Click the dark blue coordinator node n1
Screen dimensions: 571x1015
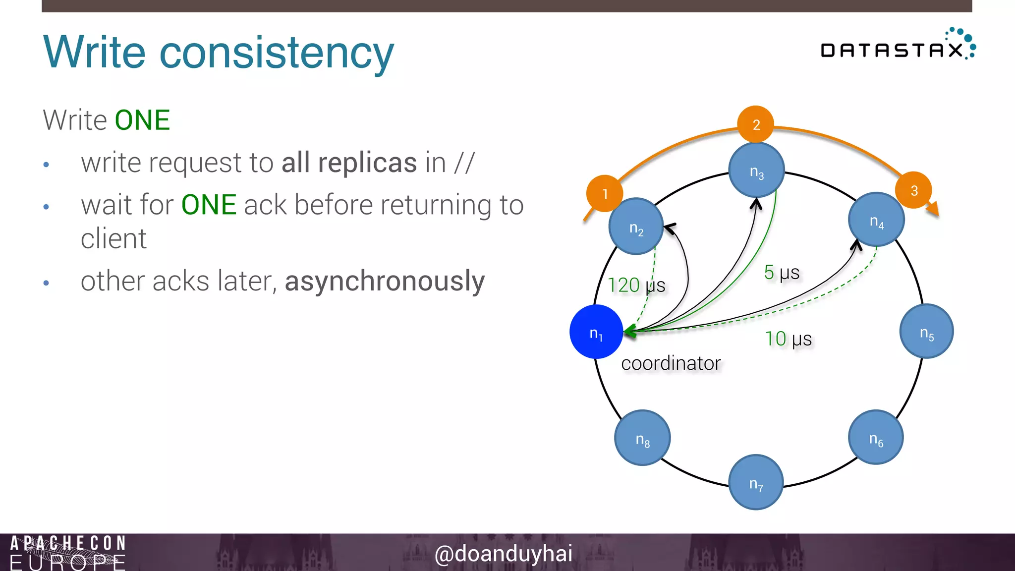click(x=596, y=332)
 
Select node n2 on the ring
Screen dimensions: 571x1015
click(x=636, y=227)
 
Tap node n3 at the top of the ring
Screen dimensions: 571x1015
click(x=756, y=170)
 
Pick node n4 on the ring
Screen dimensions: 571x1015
click(x=876, y=220)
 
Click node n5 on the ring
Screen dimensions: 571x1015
click(x=926, y=332)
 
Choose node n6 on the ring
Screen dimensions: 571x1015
click(x=876, y=438)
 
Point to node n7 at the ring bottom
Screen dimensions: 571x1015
click(x=756, y=482)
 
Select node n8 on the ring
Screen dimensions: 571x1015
click(x=642, y=438)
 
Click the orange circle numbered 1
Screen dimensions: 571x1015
click(x=605, y=193)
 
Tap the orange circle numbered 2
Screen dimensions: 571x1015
click(x=756, y=124)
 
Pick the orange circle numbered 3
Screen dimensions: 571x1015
click(x=913, y=190)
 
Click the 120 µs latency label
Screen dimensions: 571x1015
click(x=636, y=285)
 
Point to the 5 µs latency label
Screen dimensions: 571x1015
click(x=782, y=272)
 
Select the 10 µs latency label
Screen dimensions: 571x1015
click(x=788, y=339)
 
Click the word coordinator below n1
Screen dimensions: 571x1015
click(x=671, y=363)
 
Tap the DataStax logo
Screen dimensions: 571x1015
click(x=898, y=46)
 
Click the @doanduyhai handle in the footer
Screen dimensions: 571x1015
click(x=504, y=553)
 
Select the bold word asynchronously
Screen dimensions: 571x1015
click(x=385, y=281)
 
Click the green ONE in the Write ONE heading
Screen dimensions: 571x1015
click(x=142, y=120)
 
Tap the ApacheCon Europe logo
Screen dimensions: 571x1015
click(x=67, y=552)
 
